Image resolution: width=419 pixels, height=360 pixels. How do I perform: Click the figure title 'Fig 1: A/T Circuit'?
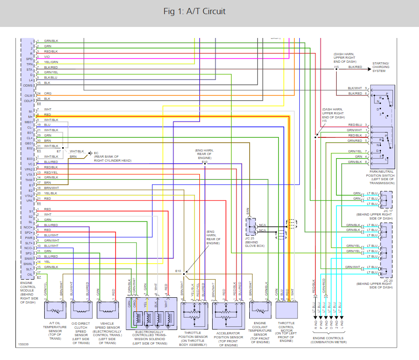[x=194, y=11]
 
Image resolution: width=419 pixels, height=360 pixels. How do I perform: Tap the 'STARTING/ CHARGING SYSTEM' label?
[x=381, y=67]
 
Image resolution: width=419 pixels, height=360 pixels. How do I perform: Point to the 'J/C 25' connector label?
[x=251, y=239]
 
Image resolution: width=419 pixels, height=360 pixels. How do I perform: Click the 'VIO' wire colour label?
[x=47, y=57]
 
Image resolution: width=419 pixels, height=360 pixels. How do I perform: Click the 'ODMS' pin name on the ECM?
[x=29, y=85]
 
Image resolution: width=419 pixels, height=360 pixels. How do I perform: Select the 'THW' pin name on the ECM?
[x=30, y=180]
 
